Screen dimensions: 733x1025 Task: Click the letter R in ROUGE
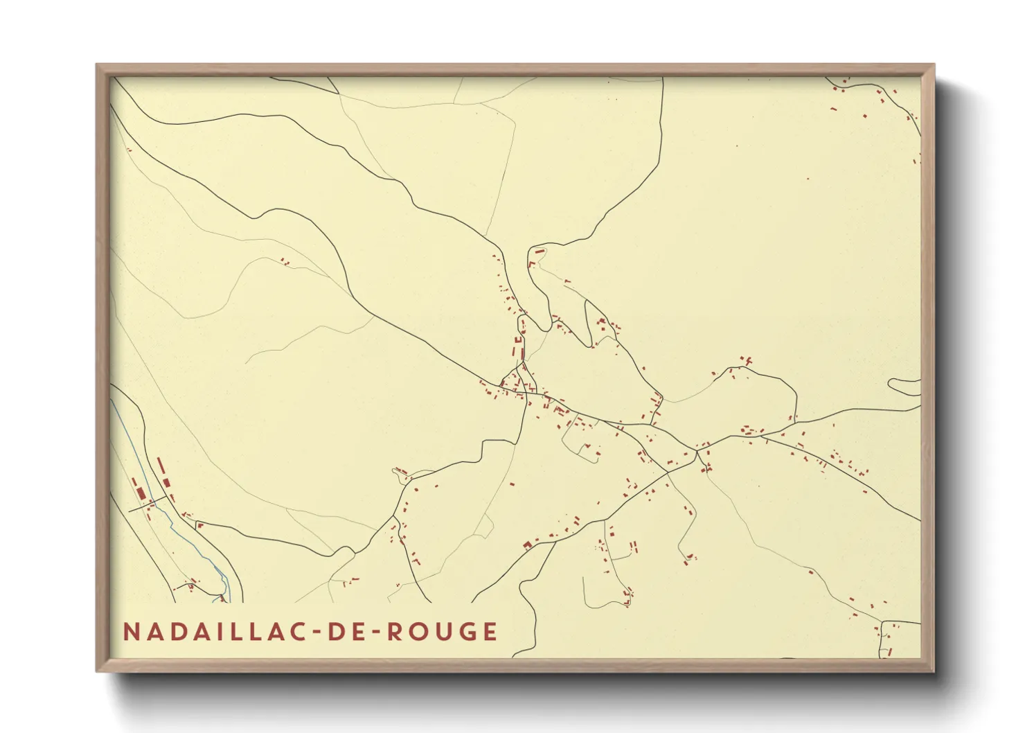click(393, 632)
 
